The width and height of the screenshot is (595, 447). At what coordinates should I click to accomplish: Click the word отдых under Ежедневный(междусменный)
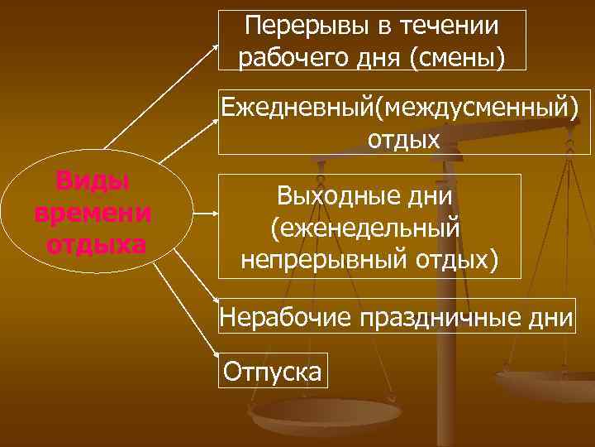pyautogui.click(x=403, y=138)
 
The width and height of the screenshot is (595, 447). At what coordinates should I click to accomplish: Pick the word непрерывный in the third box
pyautogui.click(x=327, y=259)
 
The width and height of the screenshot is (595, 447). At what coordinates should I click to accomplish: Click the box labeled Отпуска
pyautogui.click(x=273, y=371)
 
